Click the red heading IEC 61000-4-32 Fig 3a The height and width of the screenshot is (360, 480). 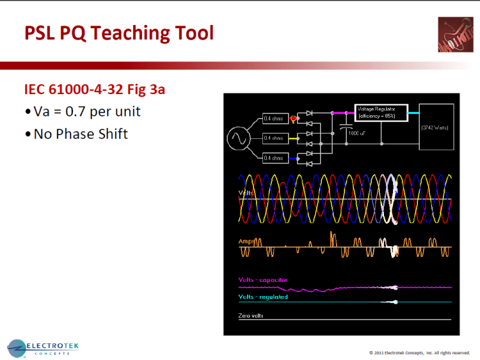[94, 89]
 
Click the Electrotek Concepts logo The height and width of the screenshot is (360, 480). [44, 348]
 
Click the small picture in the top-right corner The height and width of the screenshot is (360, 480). [456, 35]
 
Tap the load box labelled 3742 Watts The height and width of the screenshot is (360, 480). [436, 128]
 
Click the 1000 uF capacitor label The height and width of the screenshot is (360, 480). [355, 134]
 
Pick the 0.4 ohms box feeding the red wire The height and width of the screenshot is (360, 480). [274, 119]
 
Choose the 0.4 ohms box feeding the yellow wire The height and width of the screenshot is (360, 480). [274, 138]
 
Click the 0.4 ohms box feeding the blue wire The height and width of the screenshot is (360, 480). [274, 157]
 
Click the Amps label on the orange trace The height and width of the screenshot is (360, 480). [246, 241]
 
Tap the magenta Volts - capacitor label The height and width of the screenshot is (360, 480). [262, 280]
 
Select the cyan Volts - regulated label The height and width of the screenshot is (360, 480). [262, 297]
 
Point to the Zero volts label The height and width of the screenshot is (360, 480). [250, 316]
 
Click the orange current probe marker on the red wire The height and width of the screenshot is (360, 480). [294, 119]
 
